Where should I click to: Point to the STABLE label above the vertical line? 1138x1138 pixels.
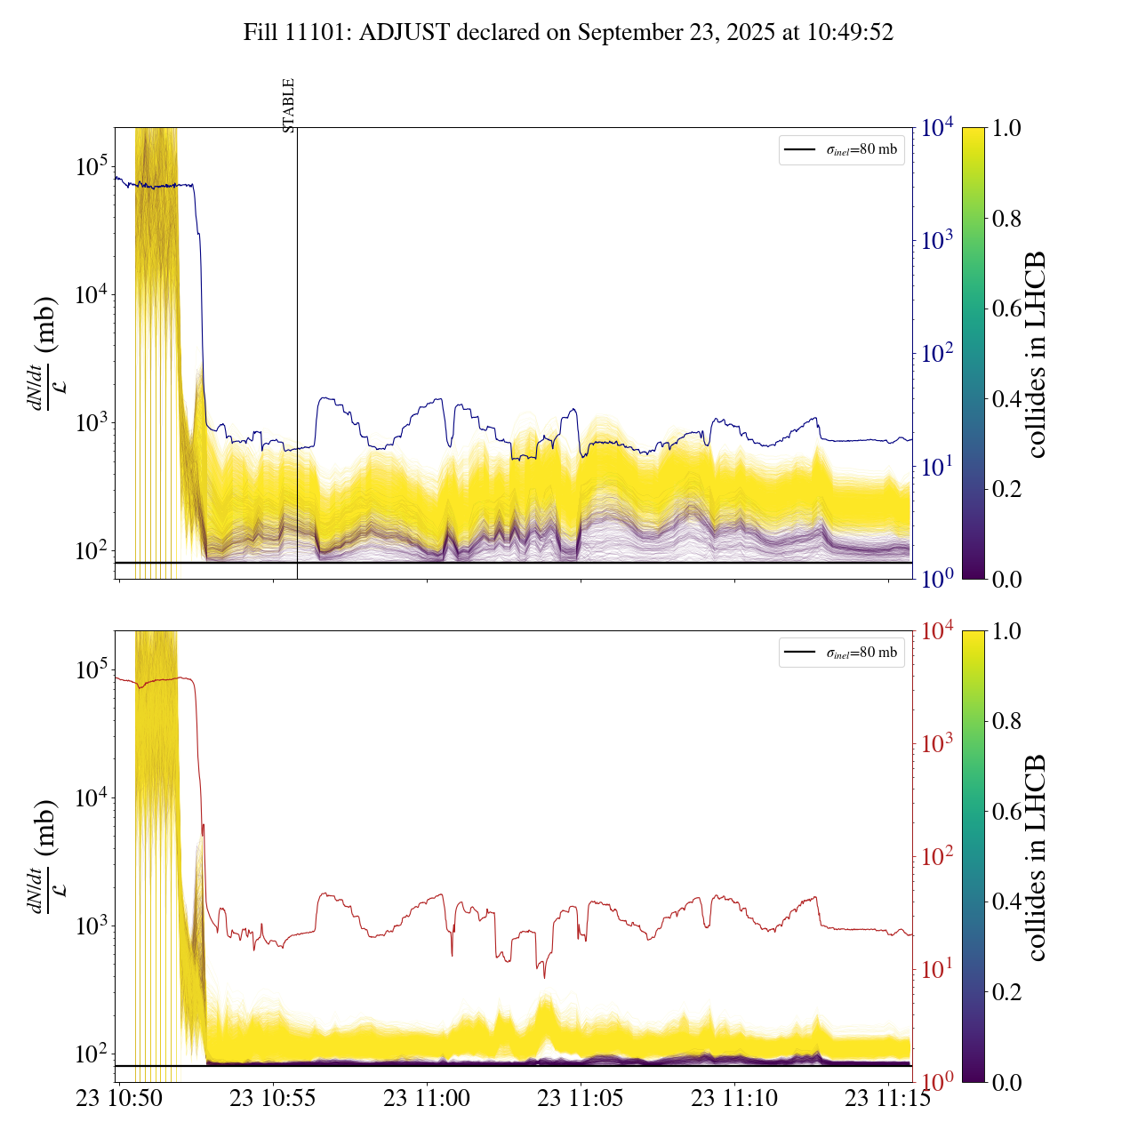point(288,106)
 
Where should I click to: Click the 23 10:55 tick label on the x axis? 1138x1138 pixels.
point(273,1098)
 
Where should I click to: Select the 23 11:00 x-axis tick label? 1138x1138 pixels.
point(427,1098)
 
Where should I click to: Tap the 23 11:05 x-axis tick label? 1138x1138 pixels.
point(581,1098)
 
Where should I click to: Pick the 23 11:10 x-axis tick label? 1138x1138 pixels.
point(734,1098)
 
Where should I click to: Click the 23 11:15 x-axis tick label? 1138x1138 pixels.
point(887,1098)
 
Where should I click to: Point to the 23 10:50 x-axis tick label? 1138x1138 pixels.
point(119,1098)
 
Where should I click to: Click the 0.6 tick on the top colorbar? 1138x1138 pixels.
point(1006,309)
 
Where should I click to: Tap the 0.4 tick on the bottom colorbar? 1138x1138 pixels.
point(1006,902)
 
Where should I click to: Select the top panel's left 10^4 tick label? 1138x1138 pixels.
point(91,293)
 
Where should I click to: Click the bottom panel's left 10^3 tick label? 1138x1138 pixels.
point(91,925)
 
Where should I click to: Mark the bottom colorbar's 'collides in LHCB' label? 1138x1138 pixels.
point(1035,858)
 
